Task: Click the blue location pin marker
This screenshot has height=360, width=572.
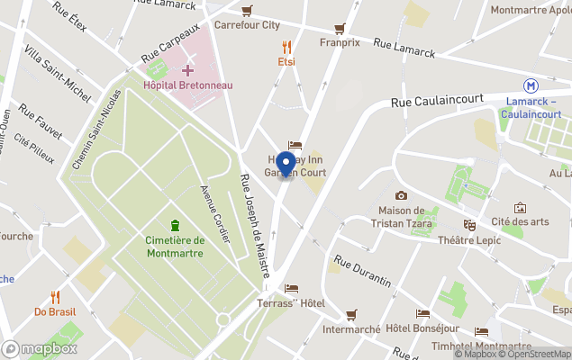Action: pos(286,164)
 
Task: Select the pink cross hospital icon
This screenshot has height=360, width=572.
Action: pos(187,69)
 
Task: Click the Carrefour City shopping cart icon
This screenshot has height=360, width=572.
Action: pos(247,11)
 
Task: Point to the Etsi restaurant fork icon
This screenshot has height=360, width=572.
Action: pos(286,47)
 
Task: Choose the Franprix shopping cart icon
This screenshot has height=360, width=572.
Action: pos(340,29)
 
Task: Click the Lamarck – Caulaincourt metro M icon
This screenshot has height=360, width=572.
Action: pos(533,85)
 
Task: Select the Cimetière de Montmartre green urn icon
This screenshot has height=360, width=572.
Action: pos(174,224)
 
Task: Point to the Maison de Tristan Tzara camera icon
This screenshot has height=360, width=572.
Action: pos(401,195)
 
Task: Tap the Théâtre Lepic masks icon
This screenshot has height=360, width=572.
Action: pos(468,224)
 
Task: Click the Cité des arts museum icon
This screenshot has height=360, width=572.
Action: pos(520,208)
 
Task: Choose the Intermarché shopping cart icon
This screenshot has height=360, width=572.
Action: pos(351,314)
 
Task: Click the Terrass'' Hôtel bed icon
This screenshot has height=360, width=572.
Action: pos(291,289)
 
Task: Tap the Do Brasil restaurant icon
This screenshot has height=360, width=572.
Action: pos(55,296)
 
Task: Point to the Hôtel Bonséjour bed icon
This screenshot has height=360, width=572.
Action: pos(422,313)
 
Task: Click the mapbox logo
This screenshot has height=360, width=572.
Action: pos(40,348)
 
